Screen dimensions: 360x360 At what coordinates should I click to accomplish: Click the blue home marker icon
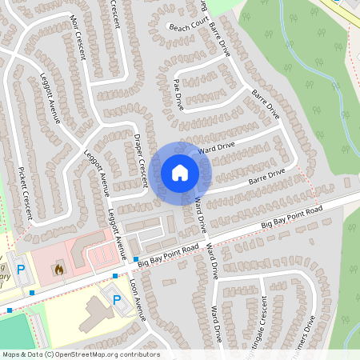(180, 173)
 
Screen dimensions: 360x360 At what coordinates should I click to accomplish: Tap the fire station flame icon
(58, 270)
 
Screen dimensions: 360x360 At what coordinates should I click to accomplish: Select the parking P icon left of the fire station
(22, 270)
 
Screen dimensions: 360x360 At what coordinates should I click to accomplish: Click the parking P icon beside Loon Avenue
(117, 301)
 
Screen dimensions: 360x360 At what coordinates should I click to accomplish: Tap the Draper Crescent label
(141, 161)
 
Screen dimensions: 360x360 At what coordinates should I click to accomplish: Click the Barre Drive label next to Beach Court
(219, 37)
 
